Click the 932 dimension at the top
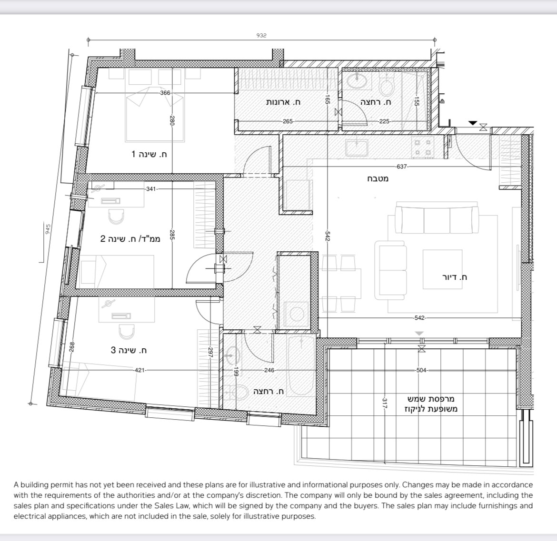coord(262,35)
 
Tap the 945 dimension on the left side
coord(47,229)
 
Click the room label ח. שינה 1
coord(149,154)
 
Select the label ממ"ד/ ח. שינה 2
coord(130,238)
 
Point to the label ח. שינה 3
coord(129,350)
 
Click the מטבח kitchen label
coord(378,179)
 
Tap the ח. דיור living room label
coord(455,277)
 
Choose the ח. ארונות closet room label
coord(283,102)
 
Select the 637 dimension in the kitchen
coord(402,167)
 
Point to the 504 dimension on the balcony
coord(421,370)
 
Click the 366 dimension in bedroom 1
coord(165,93)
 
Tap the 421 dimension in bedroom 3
coord(140,370)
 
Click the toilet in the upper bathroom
coord(386,87)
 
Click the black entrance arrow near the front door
coord(472,123)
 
